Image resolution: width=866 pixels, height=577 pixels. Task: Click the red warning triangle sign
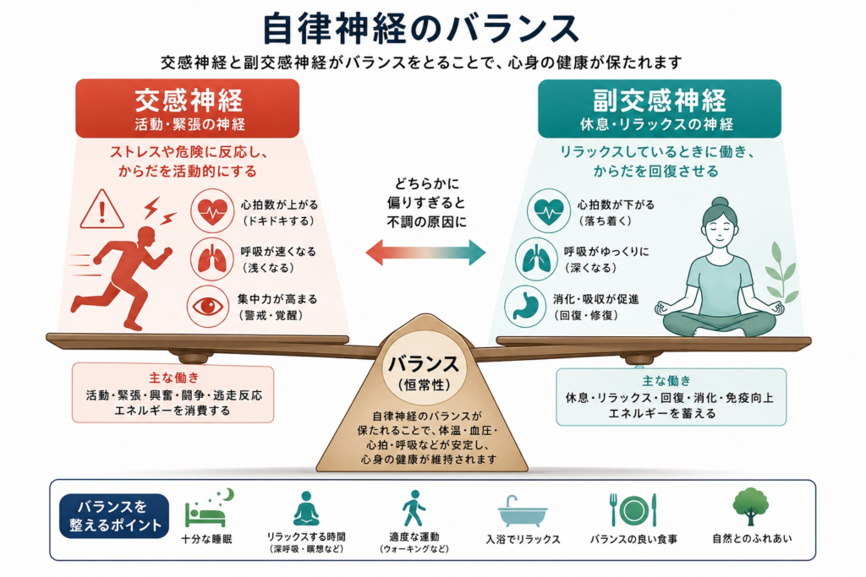click(101, 210)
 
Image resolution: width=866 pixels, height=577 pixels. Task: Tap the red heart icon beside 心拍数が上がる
click(210, 210)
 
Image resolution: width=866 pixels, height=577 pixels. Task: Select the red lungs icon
click(210, 259)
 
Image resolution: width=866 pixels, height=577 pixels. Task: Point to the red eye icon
click(210, 307)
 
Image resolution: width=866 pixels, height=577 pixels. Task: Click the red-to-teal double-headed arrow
click(425, 251)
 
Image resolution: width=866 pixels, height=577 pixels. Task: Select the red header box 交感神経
click(187, 108)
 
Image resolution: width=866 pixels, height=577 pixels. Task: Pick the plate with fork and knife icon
click(633, 509)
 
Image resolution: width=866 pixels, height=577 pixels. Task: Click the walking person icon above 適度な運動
click(414, 509)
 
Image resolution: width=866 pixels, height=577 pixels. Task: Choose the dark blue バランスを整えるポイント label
click(113, 516)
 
